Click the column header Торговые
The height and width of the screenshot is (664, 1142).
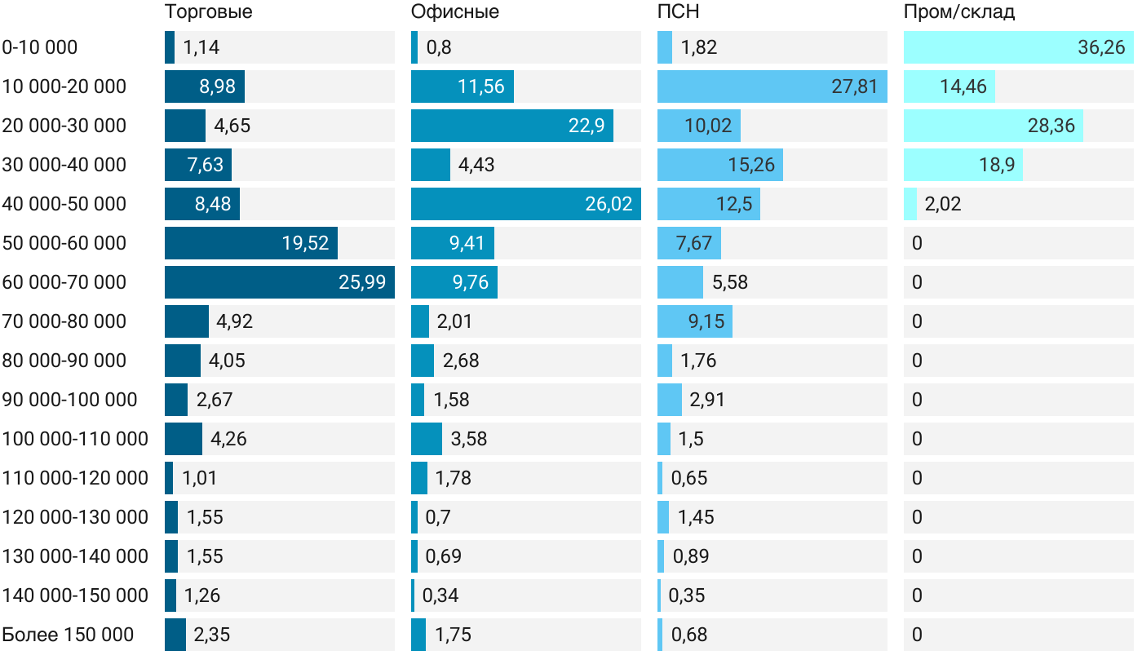208,12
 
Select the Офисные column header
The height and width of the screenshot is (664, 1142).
454,12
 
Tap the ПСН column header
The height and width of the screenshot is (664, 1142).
678,12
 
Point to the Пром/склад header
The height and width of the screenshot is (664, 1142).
958,12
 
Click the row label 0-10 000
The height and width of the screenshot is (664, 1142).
40,47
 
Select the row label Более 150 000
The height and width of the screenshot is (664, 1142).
68,635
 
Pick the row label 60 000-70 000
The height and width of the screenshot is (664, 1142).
64,282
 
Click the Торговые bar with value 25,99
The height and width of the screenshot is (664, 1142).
280,282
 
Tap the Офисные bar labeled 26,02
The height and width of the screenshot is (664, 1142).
526,204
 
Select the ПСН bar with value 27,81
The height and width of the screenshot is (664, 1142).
772,86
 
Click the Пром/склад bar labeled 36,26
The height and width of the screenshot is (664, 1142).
1019,47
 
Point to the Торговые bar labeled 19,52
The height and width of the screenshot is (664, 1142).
251,243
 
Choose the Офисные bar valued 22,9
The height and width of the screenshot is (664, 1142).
512,126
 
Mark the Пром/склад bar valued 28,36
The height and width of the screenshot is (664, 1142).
994,126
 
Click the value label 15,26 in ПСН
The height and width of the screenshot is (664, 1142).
751,165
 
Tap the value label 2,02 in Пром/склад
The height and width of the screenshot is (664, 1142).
943,204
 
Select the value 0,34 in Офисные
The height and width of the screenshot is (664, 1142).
440,595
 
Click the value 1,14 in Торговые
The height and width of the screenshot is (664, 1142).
201,47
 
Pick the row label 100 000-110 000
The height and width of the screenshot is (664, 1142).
75,439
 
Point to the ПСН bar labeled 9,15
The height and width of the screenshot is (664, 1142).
695,321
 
